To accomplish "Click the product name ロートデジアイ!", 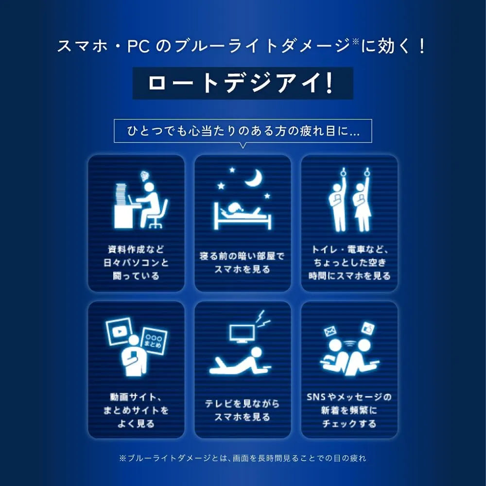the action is [241, 83].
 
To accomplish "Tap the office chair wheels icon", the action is [156, 225].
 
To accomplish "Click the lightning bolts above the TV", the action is [262, 319].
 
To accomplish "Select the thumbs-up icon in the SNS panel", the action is [368, 329].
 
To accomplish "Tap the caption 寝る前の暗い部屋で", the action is [242, 256].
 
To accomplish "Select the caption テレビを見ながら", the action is [242, 403].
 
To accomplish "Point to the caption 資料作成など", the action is [136, 249].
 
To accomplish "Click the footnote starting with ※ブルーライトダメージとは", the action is [243, 458].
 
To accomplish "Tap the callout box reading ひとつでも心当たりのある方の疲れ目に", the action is [243, 131].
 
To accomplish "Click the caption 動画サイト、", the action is [136, 397].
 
